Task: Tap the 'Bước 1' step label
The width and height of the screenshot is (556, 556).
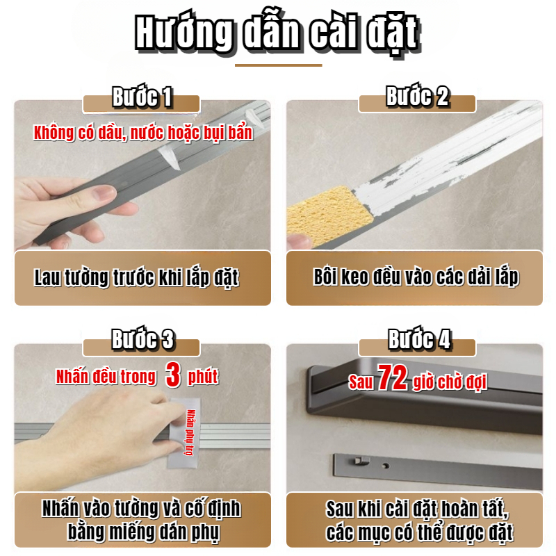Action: coord(142,97)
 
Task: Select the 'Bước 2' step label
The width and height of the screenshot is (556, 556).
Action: coord(418,97)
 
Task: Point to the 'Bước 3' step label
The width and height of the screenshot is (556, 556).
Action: coord(142,339)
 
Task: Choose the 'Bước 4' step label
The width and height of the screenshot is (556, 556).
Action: coord(419,340)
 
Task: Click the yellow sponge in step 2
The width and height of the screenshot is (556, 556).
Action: coord(329,215)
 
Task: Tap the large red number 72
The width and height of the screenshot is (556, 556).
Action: coord(392,377)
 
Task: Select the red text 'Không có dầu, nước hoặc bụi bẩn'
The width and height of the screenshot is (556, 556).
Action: coord(143,133)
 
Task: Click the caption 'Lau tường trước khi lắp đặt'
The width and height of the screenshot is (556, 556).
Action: coord(136,277)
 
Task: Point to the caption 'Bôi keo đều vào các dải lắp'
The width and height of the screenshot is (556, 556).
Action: coord(416,277)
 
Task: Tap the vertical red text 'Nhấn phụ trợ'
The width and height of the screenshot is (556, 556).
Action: coord(190,432)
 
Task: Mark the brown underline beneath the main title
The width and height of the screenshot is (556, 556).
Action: coord(279,65)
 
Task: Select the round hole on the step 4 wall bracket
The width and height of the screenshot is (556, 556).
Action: coord(386,466)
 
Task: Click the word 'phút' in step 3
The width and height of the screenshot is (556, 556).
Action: coord(203,377)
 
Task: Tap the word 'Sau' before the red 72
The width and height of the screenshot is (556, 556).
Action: coord(361,382)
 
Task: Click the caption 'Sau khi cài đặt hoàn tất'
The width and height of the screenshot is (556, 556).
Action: coord(417,509)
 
